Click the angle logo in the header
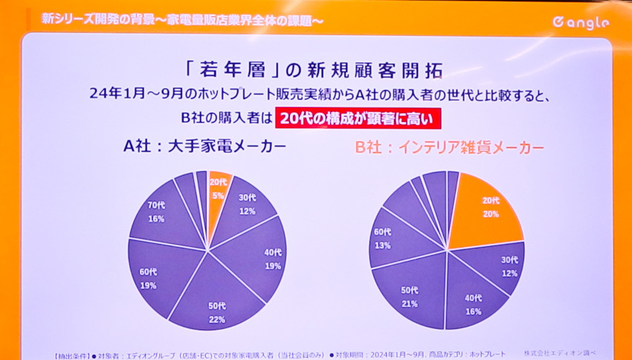point(581,22)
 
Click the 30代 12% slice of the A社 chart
point(246,206)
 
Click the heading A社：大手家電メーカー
point(204,147)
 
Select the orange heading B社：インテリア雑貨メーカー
point(449,147)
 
